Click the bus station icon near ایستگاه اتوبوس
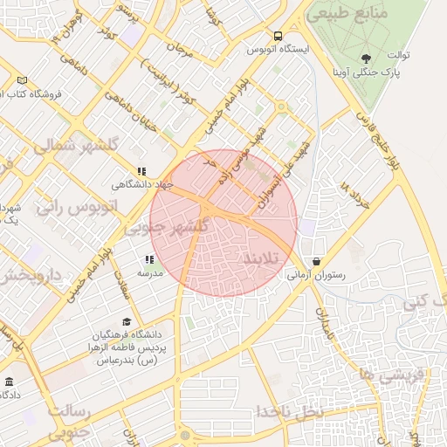278,37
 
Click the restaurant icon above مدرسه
150,259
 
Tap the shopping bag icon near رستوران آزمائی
315,261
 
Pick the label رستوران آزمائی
316,275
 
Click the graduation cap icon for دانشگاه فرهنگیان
127,322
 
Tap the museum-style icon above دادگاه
10,382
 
